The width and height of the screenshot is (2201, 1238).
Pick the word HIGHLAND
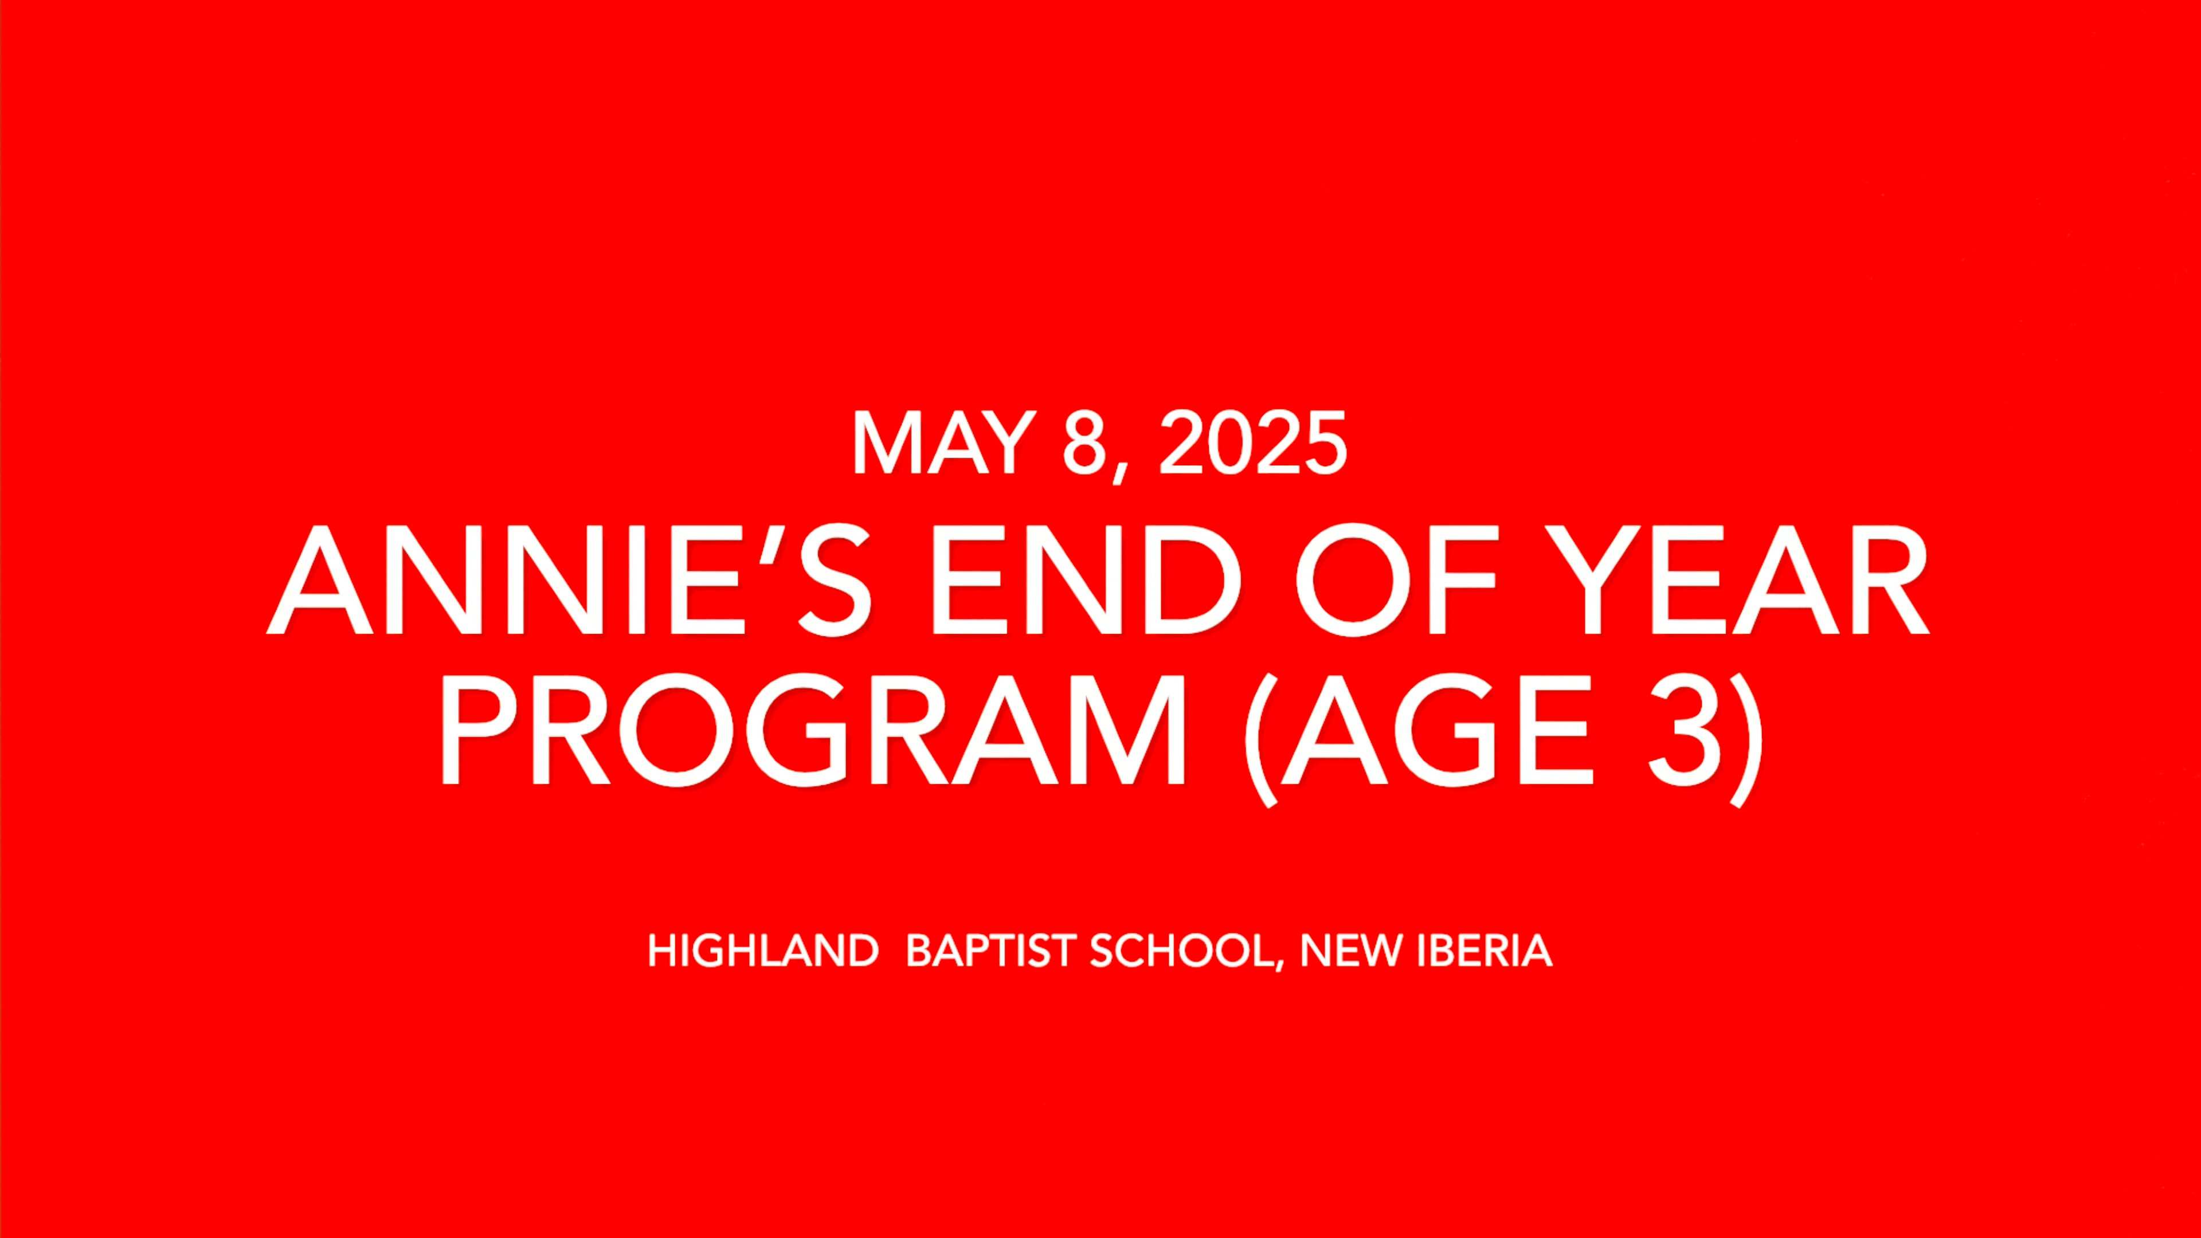click(763, 950)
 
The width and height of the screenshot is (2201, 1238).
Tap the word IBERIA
click(1484, 950)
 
